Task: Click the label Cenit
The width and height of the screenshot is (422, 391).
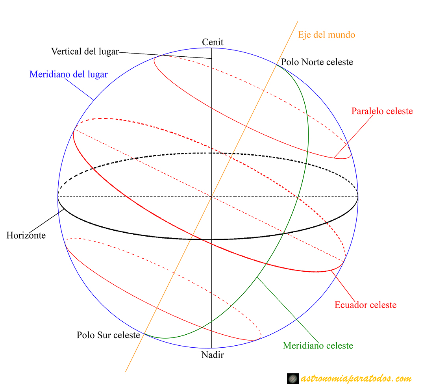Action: tap(213, 42)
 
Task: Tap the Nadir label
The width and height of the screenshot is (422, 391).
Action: tap(213, 355)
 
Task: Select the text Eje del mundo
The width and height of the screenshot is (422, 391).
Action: tap(326, 35)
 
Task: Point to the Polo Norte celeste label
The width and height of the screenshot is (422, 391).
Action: tap(317, 62)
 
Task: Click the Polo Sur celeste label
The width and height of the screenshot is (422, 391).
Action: tap(109, 335)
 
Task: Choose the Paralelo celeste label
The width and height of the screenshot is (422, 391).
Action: tap(382, 111)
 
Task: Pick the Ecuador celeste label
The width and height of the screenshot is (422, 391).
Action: tap(365, 305)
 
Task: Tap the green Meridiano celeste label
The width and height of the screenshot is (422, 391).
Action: tap(318, 346)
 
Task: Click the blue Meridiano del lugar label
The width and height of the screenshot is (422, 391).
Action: tap(68, 74)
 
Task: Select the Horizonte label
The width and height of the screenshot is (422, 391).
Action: tap(26, 235)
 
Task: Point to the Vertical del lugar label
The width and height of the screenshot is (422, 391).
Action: tap(85, 52)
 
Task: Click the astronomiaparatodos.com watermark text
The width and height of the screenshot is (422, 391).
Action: tap(356, 379)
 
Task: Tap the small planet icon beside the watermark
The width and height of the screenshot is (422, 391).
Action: tap(293, 379)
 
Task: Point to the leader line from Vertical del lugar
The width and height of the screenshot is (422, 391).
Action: tap(165, 56)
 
